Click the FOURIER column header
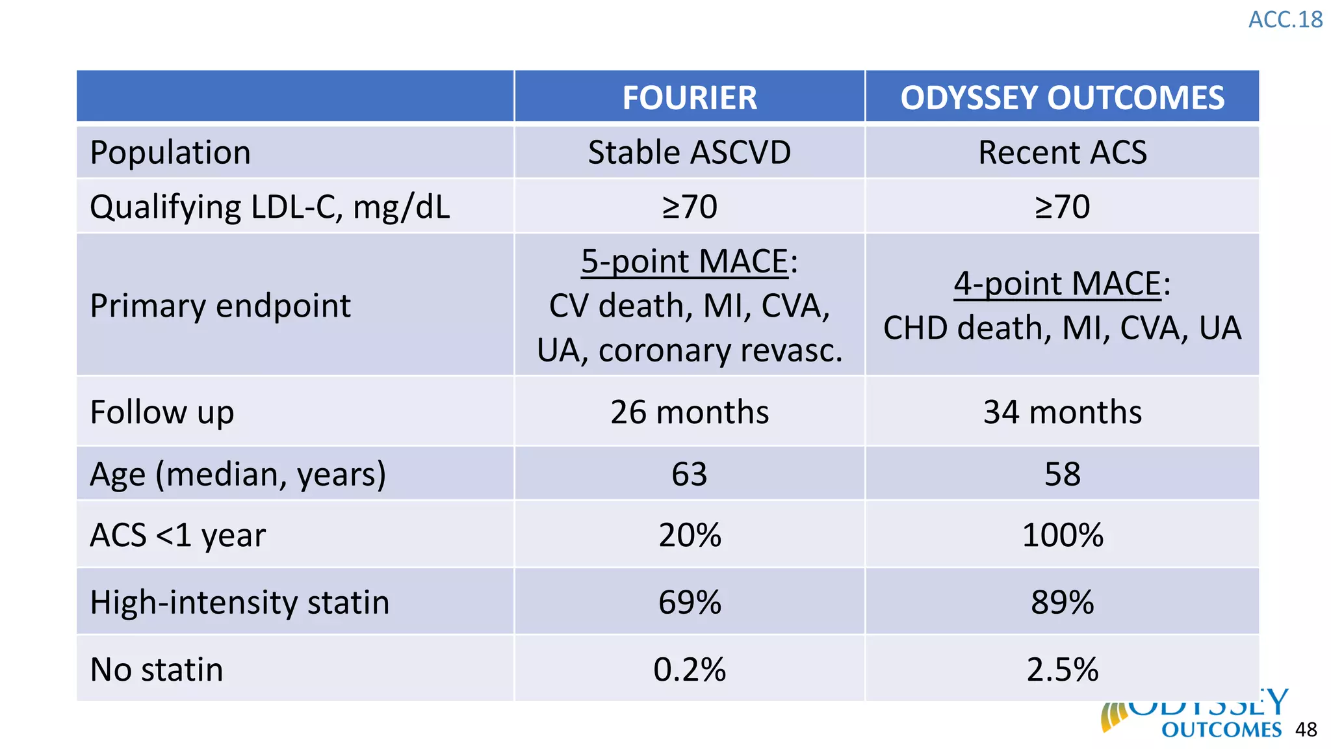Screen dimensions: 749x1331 point(690,98)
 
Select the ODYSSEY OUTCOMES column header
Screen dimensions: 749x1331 point(1062,98)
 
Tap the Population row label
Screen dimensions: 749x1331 point(170,153)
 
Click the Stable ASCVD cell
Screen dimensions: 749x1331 point(690,153)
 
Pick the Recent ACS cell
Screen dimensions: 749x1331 point(1062,153)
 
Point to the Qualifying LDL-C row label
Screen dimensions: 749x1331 point(270,207)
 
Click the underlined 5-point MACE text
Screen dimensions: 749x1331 point(684,261)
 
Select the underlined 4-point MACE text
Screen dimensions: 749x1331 point(1057,283)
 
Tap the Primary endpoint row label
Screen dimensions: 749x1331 point(220,306)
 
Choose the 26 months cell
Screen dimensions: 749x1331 point(690,412)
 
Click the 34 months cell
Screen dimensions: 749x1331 point(1062,412)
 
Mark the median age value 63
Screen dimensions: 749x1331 point(690,474)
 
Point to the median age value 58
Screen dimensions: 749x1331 point(1062,474)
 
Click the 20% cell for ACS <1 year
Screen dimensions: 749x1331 point(690,535)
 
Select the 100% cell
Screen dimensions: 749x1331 point(1062,535)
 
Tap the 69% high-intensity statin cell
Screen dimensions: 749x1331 point(690,602)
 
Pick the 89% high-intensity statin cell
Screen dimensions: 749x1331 point(1062,602)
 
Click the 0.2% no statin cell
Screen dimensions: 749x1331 point(690,670)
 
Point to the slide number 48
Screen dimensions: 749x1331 point(1306,729)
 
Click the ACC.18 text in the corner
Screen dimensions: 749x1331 point(1285,20)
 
